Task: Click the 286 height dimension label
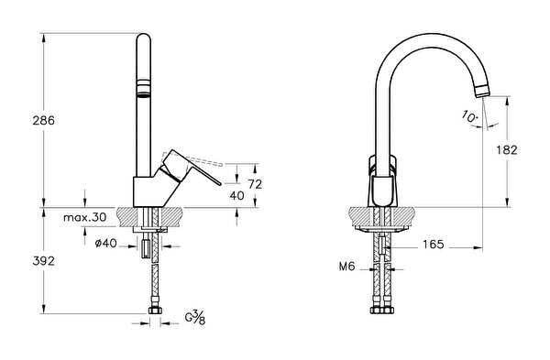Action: [43, 120]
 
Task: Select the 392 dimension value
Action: [43, 261]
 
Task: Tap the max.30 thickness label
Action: [85, 217]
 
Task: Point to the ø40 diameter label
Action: [106, 243]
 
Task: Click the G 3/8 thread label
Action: [195, 318]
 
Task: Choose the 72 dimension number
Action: [255, 184]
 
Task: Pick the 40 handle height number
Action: [236, 195]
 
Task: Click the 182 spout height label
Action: [507, 150]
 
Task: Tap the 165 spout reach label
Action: [434, 245]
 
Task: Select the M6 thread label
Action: [346, 267]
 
